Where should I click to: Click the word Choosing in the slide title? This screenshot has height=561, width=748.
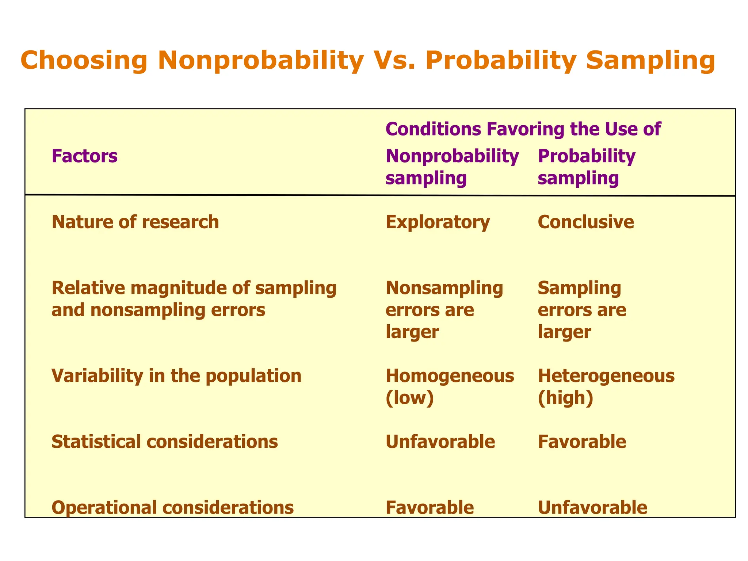pos(84,60)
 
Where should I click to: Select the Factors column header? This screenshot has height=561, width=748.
pos(85,156)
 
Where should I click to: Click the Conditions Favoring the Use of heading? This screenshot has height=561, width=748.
pos(523,129)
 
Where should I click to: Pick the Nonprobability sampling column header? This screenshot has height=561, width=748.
pos(452,167)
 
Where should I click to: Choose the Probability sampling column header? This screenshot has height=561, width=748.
pos(587,167)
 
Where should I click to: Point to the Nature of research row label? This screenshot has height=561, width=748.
pos(136,222)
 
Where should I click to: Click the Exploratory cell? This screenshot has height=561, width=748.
pos(438,222)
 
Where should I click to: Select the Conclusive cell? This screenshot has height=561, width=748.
pos(586,222)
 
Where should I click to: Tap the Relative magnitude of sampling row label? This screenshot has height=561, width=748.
pos(194,299)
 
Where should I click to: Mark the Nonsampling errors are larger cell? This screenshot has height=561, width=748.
pos(444,310)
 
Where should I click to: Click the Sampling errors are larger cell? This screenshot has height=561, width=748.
pos(582,310)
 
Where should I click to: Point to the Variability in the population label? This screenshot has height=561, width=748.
pos(176,376)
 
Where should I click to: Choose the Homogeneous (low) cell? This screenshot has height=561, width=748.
pos(450,386)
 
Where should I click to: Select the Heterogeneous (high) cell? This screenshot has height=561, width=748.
pos(606,386)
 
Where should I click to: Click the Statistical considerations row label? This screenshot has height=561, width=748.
pos(165,442)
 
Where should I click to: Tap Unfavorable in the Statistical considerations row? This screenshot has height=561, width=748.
pos(440,442)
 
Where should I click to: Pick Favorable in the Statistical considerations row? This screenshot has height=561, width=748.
pos(582,442)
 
